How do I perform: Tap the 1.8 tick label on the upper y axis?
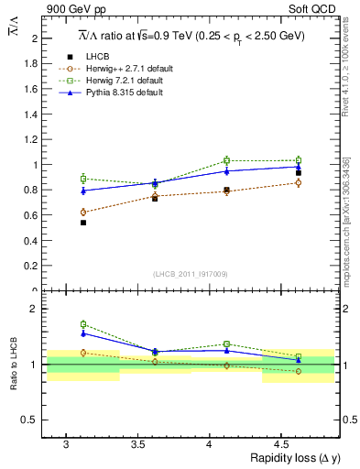[33, 64]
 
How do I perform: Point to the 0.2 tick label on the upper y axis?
[33, 266]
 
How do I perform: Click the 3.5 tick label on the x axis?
[136, 443]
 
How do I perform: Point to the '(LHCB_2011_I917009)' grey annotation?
[191, 275]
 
